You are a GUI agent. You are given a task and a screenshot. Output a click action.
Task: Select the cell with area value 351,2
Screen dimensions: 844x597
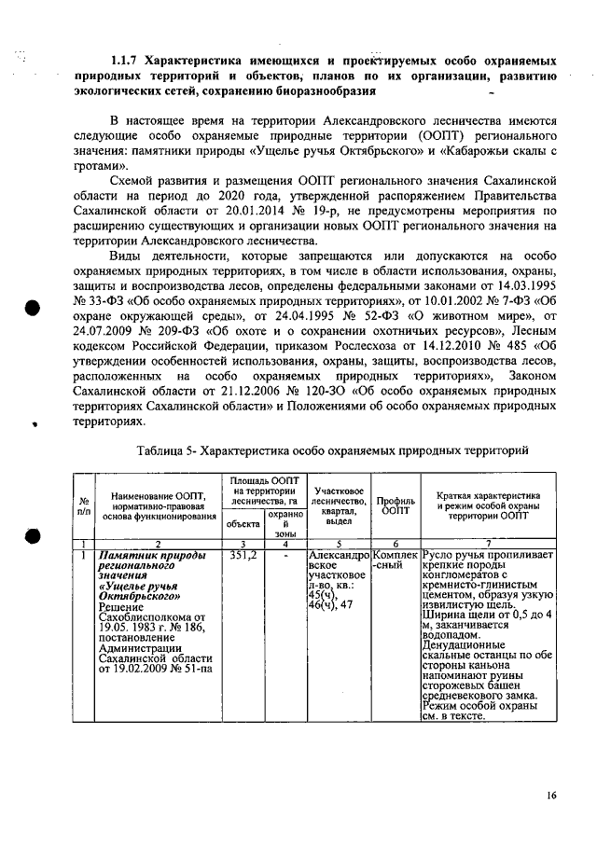pos(243,556)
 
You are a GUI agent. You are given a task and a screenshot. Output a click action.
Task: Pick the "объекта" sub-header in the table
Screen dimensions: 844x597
pos(243,525)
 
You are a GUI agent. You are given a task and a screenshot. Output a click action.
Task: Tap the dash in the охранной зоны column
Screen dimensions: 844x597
pos(284,556)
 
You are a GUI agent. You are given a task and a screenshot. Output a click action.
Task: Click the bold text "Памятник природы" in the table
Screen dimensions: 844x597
pos(141,556)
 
